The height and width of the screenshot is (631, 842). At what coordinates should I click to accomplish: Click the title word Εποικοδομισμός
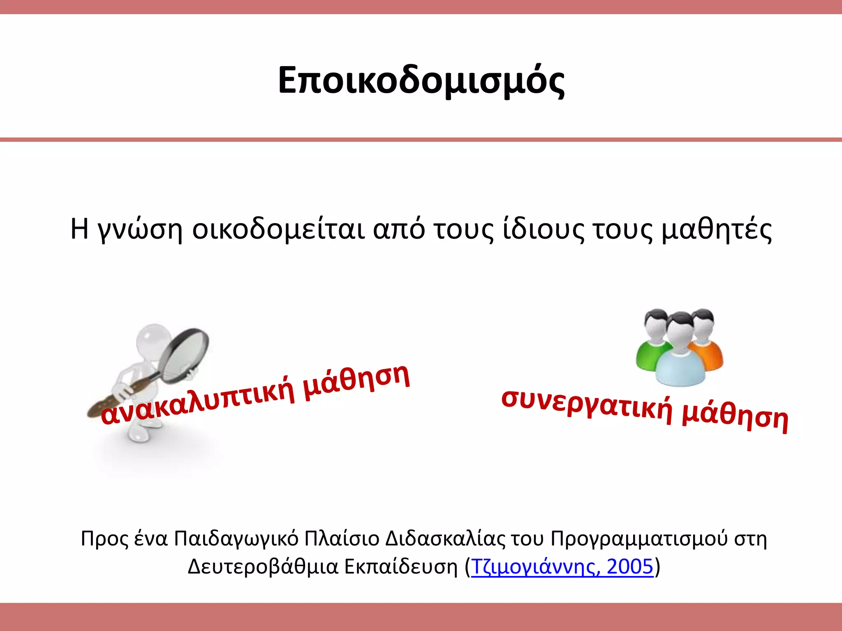tap(421, 81)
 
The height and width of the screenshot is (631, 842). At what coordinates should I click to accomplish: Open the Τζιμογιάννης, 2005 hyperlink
tap(562, 567)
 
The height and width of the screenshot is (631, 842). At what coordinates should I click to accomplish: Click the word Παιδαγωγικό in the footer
tap(236, 539)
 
